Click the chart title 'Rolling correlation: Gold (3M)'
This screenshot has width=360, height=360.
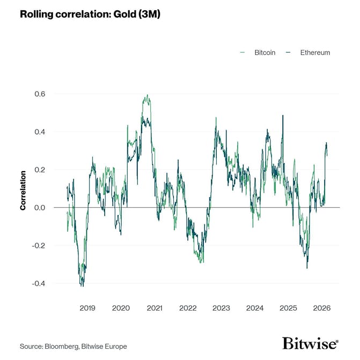point(90,14)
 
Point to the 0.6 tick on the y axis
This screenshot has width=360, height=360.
point(40,94)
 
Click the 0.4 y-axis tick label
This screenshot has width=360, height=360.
point(40,132)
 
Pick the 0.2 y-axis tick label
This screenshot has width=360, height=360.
point(40,170)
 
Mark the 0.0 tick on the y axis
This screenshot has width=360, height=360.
point(40,208)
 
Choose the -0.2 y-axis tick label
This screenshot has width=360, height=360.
point(39,246)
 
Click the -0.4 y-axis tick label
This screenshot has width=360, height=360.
point(39,283)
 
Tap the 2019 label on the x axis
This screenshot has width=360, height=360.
point(87,308)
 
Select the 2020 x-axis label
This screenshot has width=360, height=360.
point(121,308)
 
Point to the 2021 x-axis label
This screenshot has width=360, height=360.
point(155,308)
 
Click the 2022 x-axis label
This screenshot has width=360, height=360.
point(188,308)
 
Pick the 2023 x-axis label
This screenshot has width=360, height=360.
point(222,308)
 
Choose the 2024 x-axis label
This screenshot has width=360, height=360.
point(255,308)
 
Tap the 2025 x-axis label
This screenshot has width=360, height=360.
point(289,308)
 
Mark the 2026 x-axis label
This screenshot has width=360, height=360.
point(322,308)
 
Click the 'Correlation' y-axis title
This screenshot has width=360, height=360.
point(23,190)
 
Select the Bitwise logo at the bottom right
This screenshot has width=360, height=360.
point(310,343)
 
